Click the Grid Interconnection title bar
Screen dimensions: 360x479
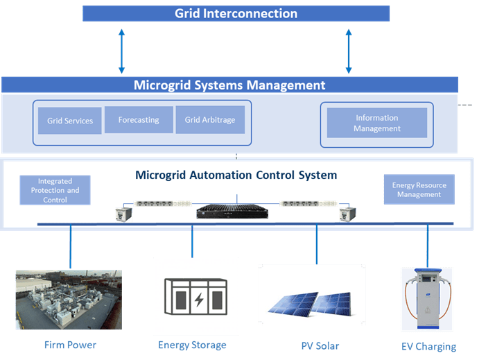236,14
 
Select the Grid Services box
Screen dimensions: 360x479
70,121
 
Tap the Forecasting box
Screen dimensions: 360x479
139,120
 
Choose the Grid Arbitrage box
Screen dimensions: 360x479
210,120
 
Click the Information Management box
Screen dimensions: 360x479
376,123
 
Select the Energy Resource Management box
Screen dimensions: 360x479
419,189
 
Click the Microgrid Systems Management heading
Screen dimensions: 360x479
229,86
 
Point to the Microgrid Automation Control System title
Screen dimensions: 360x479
236,175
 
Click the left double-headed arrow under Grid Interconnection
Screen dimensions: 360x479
122,51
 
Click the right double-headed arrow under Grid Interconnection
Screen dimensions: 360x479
349,51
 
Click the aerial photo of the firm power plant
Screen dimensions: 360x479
69,300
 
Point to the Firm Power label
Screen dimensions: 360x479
69,345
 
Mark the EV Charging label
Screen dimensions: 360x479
428,346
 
